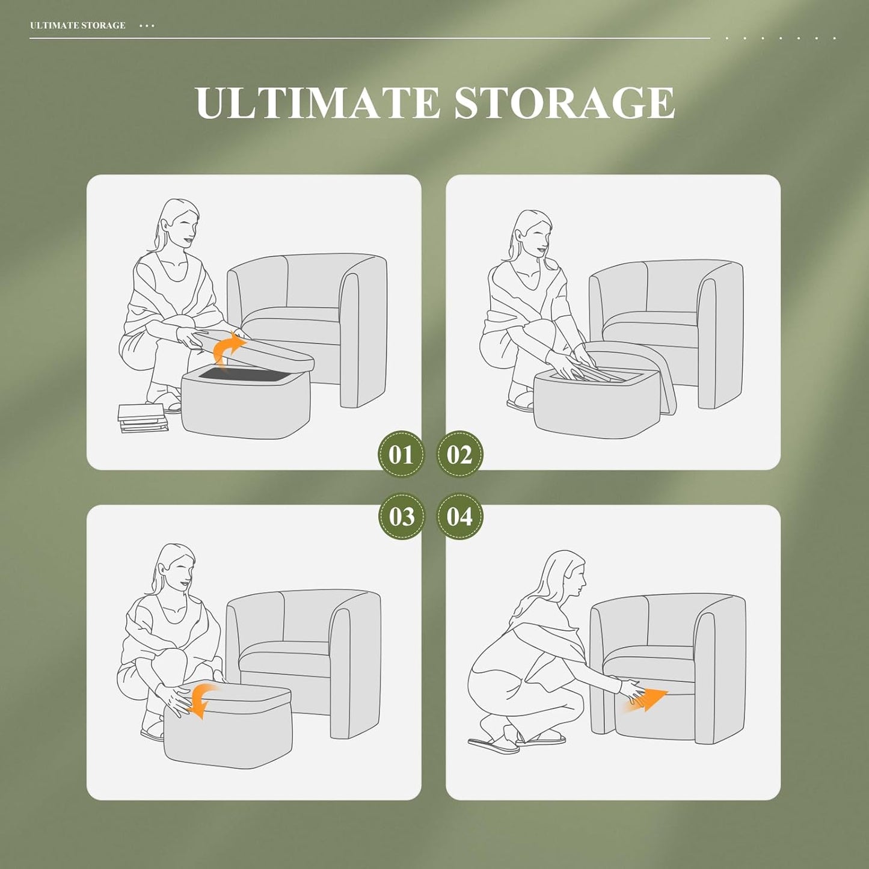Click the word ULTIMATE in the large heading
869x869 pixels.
318,103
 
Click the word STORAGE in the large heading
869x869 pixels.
564,103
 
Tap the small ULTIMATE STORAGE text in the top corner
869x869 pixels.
78,25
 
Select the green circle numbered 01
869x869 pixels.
401,455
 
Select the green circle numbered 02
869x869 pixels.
459,455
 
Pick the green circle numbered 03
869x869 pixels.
401,517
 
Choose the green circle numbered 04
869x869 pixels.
459,517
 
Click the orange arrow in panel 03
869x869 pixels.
201,700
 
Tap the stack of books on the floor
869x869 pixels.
143,418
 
